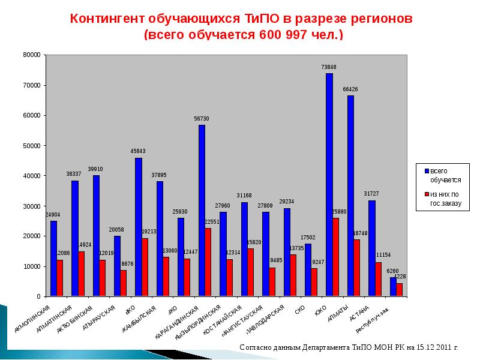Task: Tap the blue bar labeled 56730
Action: click(202, 210)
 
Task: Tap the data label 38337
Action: click(74, 174)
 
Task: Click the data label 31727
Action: click(371, 193)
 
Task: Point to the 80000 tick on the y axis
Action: click(31, 55)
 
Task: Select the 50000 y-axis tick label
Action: click(31, 146)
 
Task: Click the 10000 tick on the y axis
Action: click(31, 266)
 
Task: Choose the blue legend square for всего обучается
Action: click(425, 171)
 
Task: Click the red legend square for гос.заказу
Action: click(425, 194)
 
